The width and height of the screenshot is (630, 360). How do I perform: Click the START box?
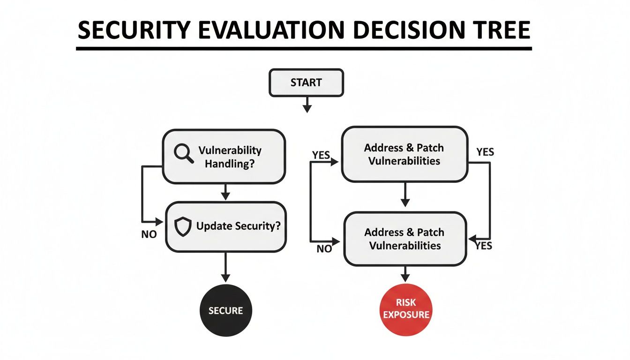click(306, 83)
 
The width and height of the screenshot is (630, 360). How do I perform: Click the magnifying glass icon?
click(183, 154)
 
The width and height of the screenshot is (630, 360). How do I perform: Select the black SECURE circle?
click(226, 310)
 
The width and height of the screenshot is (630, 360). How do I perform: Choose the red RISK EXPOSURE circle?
click(406, 309)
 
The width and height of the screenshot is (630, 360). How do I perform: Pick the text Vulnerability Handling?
click(230, 157)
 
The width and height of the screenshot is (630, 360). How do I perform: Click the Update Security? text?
click(238, 226)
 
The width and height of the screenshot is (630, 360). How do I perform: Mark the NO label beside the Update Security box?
click(149, 234)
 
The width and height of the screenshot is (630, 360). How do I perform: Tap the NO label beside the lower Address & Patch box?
click(324, 249)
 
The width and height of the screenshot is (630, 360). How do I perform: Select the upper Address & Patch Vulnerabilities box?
click(404, 154)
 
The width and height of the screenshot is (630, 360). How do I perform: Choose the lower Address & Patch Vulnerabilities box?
click(405, 239)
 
